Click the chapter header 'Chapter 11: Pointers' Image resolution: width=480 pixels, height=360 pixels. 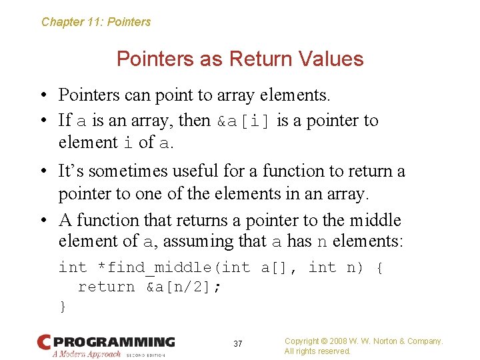tap(96, 22)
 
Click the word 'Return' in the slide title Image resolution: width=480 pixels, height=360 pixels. tap(261, 59)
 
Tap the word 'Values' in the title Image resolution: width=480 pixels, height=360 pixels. tap(331, 59)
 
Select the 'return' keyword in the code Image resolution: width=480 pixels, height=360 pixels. tap(106, 287)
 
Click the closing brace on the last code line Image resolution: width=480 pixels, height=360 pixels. tap(63, 306)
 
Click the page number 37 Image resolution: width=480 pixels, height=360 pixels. tap(238, 344)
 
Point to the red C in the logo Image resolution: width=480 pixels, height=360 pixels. tap(44, 342)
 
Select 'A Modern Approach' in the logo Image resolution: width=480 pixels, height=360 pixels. tap(87, 354)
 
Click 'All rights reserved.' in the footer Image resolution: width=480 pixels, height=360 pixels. tap(317, 351)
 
